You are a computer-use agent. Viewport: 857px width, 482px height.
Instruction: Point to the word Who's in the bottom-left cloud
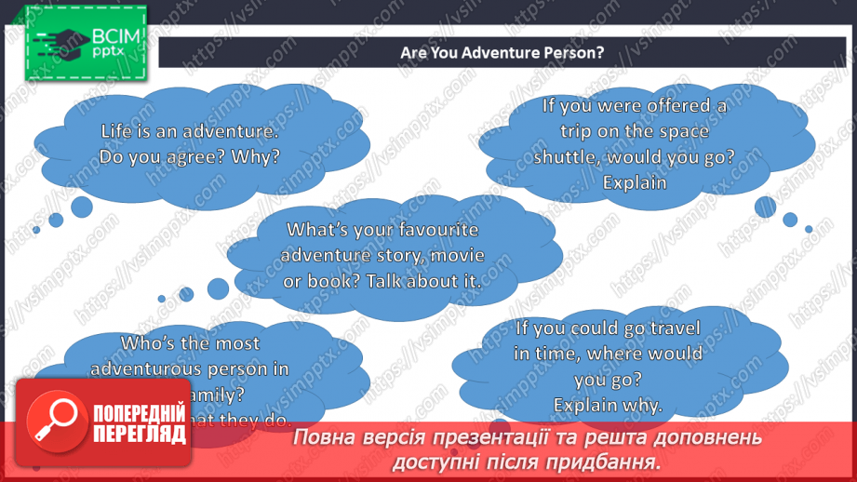tap(122, 343)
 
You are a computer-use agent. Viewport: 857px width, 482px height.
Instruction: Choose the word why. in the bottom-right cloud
tap(641, 405)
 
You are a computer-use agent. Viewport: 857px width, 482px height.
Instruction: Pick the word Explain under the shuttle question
tap(635, 181)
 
